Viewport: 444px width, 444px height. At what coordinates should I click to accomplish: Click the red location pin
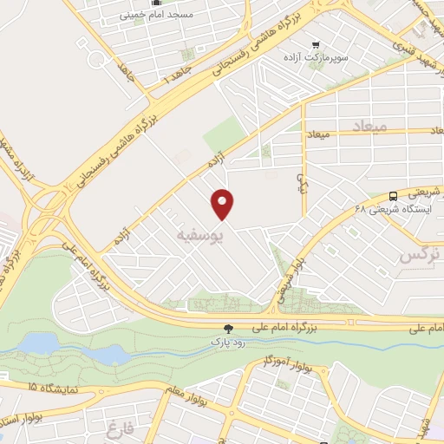coord(224,203)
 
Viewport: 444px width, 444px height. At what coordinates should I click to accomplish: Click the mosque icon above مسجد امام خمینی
coord(156,3)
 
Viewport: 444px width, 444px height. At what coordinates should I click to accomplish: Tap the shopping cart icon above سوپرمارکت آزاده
coord(315,43)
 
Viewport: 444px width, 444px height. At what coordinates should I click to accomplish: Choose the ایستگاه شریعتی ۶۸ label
coord(391,209)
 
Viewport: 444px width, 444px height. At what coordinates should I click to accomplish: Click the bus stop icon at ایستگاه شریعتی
coord(394,196)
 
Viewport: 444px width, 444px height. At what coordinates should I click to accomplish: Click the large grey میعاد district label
coord(368,127)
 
